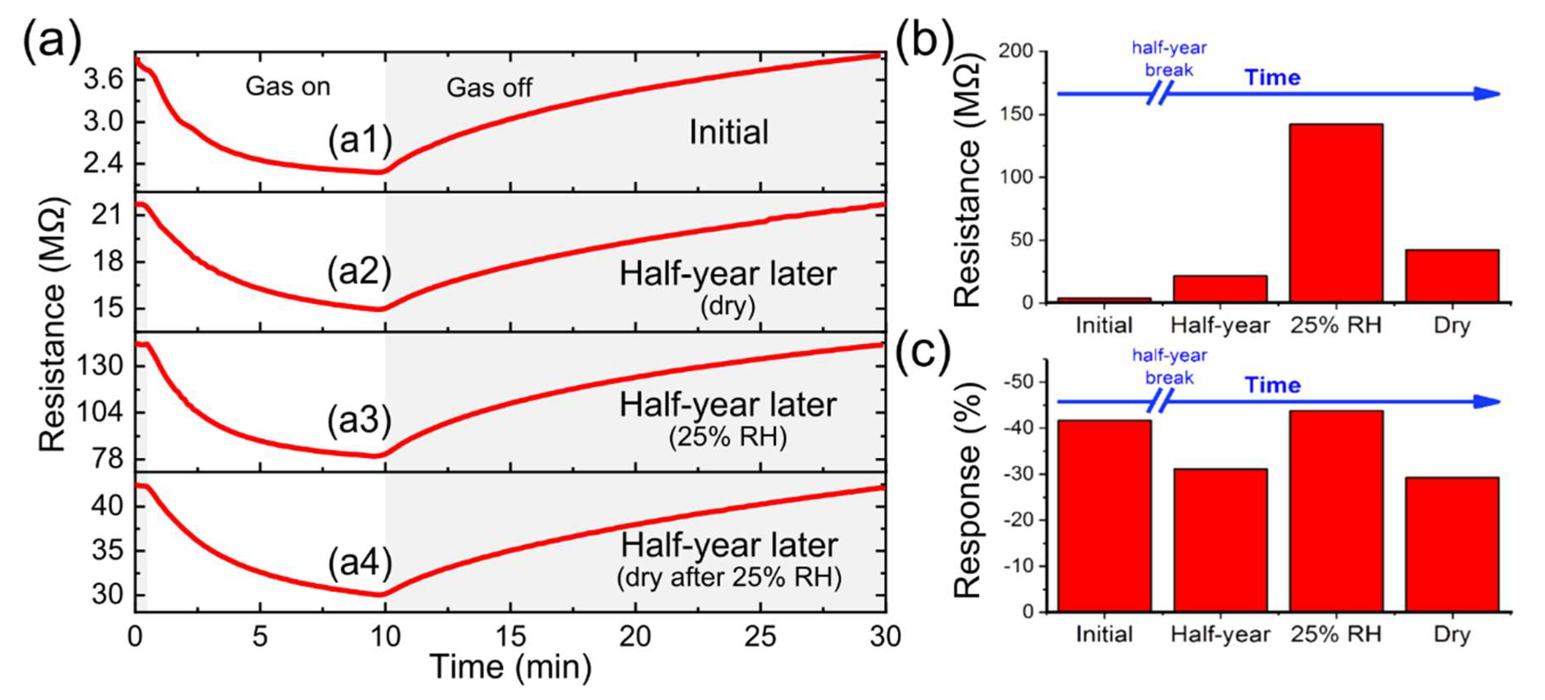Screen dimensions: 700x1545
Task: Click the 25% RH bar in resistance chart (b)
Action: tap(1336, 213)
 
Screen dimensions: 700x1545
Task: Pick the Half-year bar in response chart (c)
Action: tap(1220, 540)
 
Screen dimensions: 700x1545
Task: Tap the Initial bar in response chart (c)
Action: tap(1104, 516)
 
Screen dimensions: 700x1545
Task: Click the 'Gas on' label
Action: tap(288, 87)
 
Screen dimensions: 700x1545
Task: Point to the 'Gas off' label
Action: tap(489, 88)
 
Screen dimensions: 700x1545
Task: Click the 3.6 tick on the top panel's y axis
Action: tap(103, 79)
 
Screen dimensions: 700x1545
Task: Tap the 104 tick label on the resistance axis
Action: tap(100, 412)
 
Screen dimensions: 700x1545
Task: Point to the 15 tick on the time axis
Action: tap(510, 636)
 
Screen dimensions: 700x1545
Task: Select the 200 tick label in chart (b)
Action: tap(1016, 51)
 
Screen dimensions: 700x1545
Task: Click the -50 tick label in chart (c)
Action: tap(1018, 382)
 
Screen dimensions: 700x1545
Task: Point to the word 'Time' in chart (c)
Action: tap(1272, 385)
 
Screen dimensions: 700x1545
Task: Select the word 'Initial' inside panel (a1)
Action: tap(729, 133)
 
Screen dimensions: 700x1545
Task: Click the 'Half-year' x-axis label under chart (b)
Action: tap(1220, 326)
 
